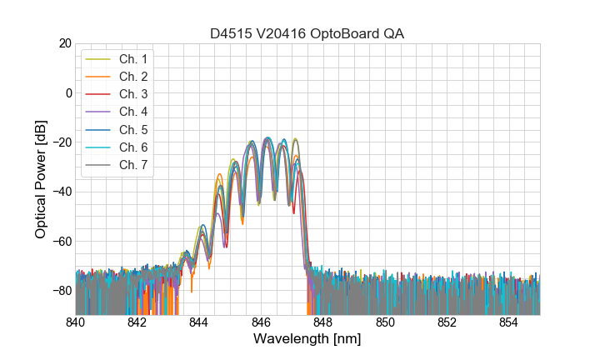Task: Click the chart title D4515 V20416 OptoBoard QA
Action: tap(307, 33)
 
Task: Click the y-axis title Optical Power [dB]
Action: tap(41, 179)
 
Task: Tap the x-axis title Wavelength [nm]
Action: tap(307, 340)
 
